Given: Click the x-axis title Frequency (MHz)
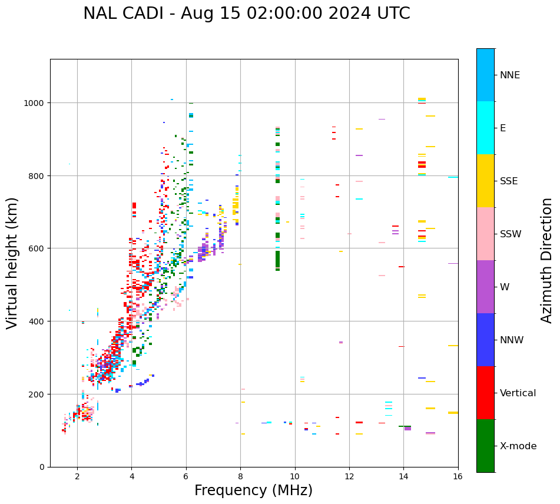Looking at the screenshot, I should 253,490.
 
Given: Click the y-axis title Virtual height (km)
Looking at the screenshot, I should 12,263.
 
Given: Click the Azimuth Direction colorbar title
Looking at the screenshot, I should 547,260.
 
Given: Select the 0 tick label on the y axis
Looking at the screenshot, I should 41,467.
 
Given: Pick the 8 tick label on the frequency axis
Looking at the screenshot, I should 240,477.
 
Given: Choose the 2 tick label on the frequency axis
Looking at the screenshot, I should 77,477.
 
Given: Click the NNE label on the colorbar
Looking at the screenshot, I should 510,75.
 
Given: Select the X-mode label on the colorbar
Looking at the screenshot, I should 518,446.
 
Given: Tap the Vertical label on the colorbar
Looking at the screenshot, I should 518,393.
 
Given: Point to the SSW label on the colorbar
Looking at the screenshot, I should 511,234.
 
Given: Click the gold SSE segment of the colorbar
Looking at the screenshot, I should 485,181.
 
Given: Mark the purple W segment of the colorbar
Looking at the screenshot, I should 485,287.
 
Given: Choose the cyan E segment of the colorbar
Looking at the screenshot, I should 485,128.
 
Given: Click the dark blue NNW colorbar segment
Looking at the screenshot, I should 485,340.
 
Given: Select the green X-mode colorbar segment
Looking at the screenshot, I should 485,446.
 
